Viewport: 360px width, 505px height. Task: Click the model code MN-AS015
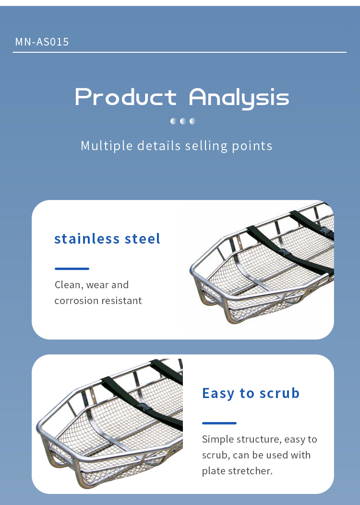click(42, 42)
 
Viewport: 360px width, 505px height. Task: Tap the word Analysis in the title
click(239, 98)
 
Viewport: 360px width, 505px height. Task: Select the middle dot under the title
click(183, 121)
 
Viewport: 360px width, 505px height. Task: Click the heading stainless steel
click(108, 239)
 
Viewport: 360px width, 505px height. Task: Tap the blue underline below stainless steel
click(72, 269)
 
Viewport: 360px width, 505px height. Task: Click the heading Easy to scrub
click(251, 393)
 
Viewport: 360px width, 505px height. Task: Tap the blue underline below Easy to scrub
click(219, 423)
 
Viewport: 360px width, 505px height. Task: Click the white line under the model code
click(180, 52)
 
